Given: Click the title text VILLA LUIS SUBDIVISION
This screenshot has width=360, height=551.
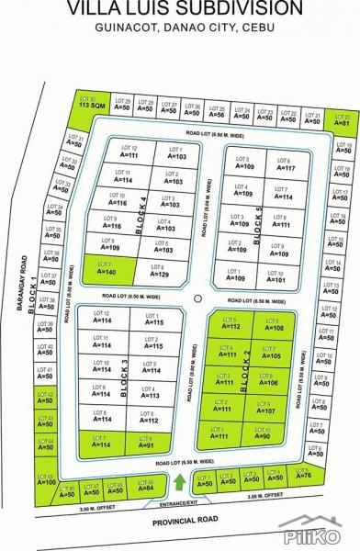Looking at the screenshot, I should (180, 8).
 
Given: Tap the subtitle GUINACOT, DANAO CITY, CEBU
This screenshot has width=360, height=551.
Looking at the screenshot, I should (180, 28).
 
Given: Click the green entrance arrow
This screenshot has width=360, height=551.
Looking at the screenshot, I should (180, 481).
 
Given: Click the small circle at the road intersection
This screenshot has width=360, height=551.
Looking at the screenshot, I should (197, 299).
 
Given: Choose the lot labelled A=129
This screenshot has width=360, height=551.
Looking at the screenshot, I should (159, 270).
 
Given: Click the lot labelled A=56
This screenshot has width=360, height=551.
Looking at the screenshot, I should (217, 112).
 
